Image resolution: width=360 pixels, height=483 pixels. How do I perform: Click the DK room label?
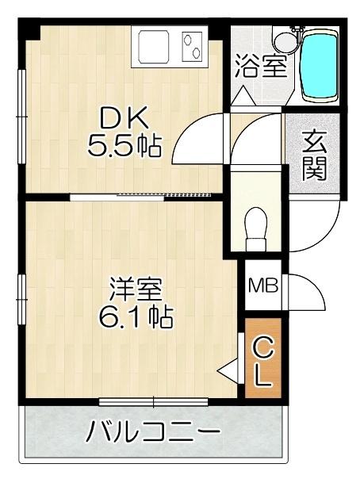pos(123,119)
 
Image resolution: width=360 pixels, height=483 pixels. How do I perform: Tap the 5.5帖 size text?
pos(125,146)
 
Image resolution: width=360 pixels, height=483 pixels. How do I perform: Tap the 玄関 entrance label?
pos(315,155)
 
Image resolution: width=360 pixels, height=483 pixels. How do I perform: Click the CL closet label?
pos(263,361)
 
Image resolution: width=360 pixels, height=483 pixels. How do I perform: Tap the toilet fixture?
pos(255,222)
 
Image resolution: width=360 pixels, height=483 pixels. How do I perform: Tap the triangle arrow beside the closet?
pos(229,369)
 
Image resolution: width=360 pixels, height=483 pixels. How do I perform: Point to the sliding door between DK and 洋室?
pos(143,193)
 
